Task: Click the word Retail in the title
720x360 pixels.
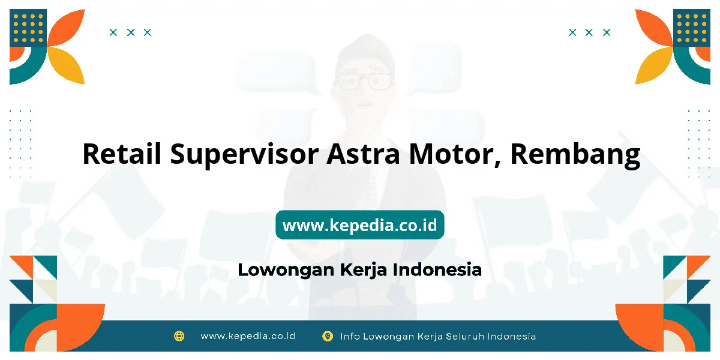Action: [x=122, y=154]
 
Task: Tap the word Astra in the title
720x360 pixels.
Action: [x=363, y=154]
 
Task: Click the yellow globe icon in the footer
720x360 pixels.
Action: [x=179, y=336]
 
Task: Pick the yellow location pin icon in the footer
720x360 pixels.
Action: [x=328, y=336]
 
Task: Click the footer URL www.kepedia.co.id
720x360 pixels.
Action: [x=248, y=336]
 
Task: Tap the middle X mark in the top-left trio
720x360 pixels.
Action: [x=131, y=32]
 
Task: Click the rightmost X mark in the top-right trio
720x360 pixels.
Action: [x=607, y=32]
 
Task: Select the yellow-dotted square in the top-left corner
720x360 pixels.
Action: [x=28, y=28]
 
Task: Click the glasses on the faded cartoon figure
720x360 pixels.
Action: [x=364, y=82]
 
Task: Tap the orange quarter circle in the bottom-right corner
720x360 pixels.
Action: [x=640, y=326]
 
